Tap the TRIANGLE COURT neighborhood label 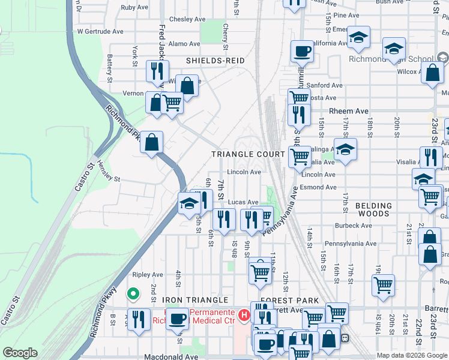(247, 154)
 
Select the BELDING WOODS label (373, 210)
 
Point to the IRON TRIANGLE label (195, 299)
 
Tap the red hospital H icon (244, 314)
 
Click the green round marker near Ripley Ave (132, 294)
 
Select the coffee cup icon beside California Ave (302, 51)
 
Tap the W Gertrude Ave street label (100, 31)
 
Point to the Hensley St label (109, 179)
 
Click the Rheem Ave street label (349, 111)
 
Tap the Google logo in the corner (20, 352)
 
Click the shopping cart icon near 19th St (383, 284)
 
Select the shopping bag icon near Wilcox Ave (432, 73)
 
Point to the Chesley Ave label (184, 19)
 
